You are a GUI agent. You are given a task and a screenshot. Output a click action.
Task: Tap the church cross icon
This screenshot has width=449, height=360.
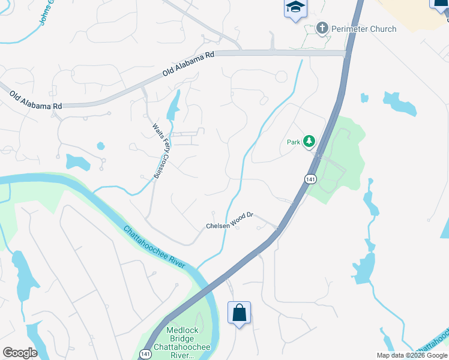pos(322,28)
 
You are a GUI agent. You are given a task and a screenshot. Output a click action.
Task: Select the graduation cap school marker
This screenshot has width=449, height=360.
pos(294,8)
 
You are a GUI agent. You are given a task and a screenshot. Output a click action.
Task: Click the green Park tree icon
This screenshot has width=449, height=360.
pos(309,142)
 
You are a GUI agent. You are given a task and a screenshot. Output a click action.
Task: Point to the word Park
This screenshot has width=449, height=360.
pos(293,142)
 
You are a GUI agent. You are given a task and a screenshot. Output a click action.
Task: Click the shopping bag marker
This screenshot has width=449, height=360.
pos(239,313)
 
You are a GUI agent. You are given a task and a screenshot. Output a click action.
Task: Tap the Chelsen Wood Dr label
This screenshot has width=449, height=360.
pos(231,226)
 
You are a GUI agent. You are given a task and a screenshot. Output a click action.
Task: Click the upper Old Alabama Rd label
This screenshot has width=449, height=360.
pos(188,64)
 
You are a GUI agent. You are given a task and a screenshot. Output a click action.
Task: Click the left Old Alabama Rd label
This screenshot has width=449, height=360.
pos(35,99)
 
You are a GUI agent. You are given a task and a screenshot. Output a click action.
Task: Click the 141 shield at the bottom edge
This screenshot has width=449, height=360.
pos(146,354)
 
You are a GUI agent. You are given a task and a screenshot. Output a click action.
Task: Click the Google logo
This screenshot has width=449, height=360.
pos(20,353)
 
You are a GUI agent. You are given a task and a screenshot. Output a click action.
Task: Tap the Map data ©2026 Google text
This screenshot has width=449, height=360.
pos(412,355)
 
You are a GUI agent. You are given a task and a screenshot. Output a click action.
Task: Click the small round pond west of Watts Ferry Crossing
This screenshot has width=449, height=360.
pos(100,146)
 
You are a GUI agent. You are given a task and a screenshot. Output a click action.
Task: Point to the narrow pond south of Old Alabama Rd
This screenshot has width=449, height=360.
pos(173,106)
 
